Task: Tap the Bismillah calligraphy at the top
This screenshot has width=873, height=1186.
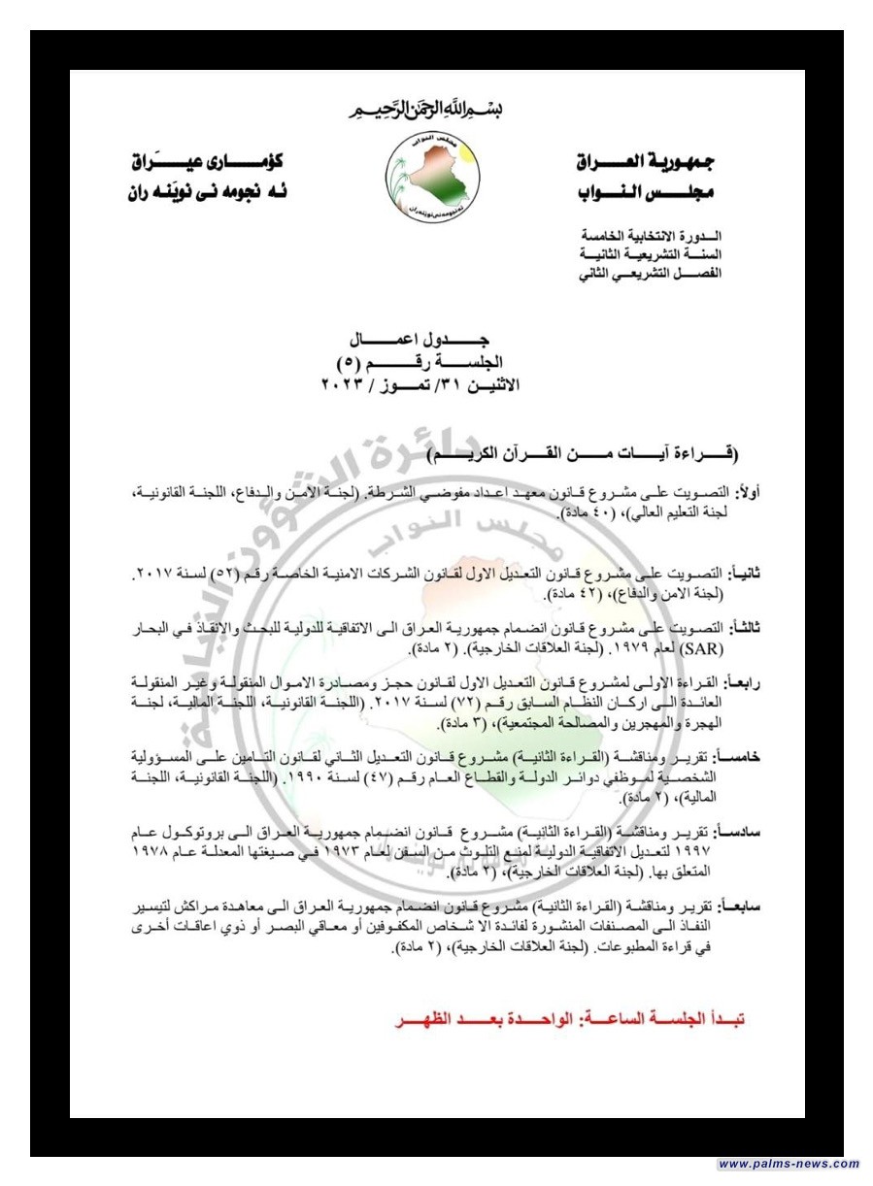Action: (423, 109)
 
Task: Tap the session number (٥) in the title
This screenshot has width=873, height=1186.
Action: (348, 364)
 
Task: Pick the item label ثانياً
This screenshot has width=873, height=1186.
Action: (745, 575)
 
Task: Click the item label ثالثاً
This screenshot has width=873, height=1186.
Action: (746, 629)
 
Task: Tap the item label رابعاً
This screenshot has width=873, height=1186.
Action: (746, 683)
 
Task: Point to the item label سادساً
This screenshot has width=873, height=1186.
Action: (742, 832)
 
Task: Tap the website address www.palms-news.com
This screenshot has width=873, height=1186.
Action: (789, 1164)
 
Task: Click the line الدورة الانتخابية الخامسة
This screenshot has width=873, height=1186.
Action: (653, 237)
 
